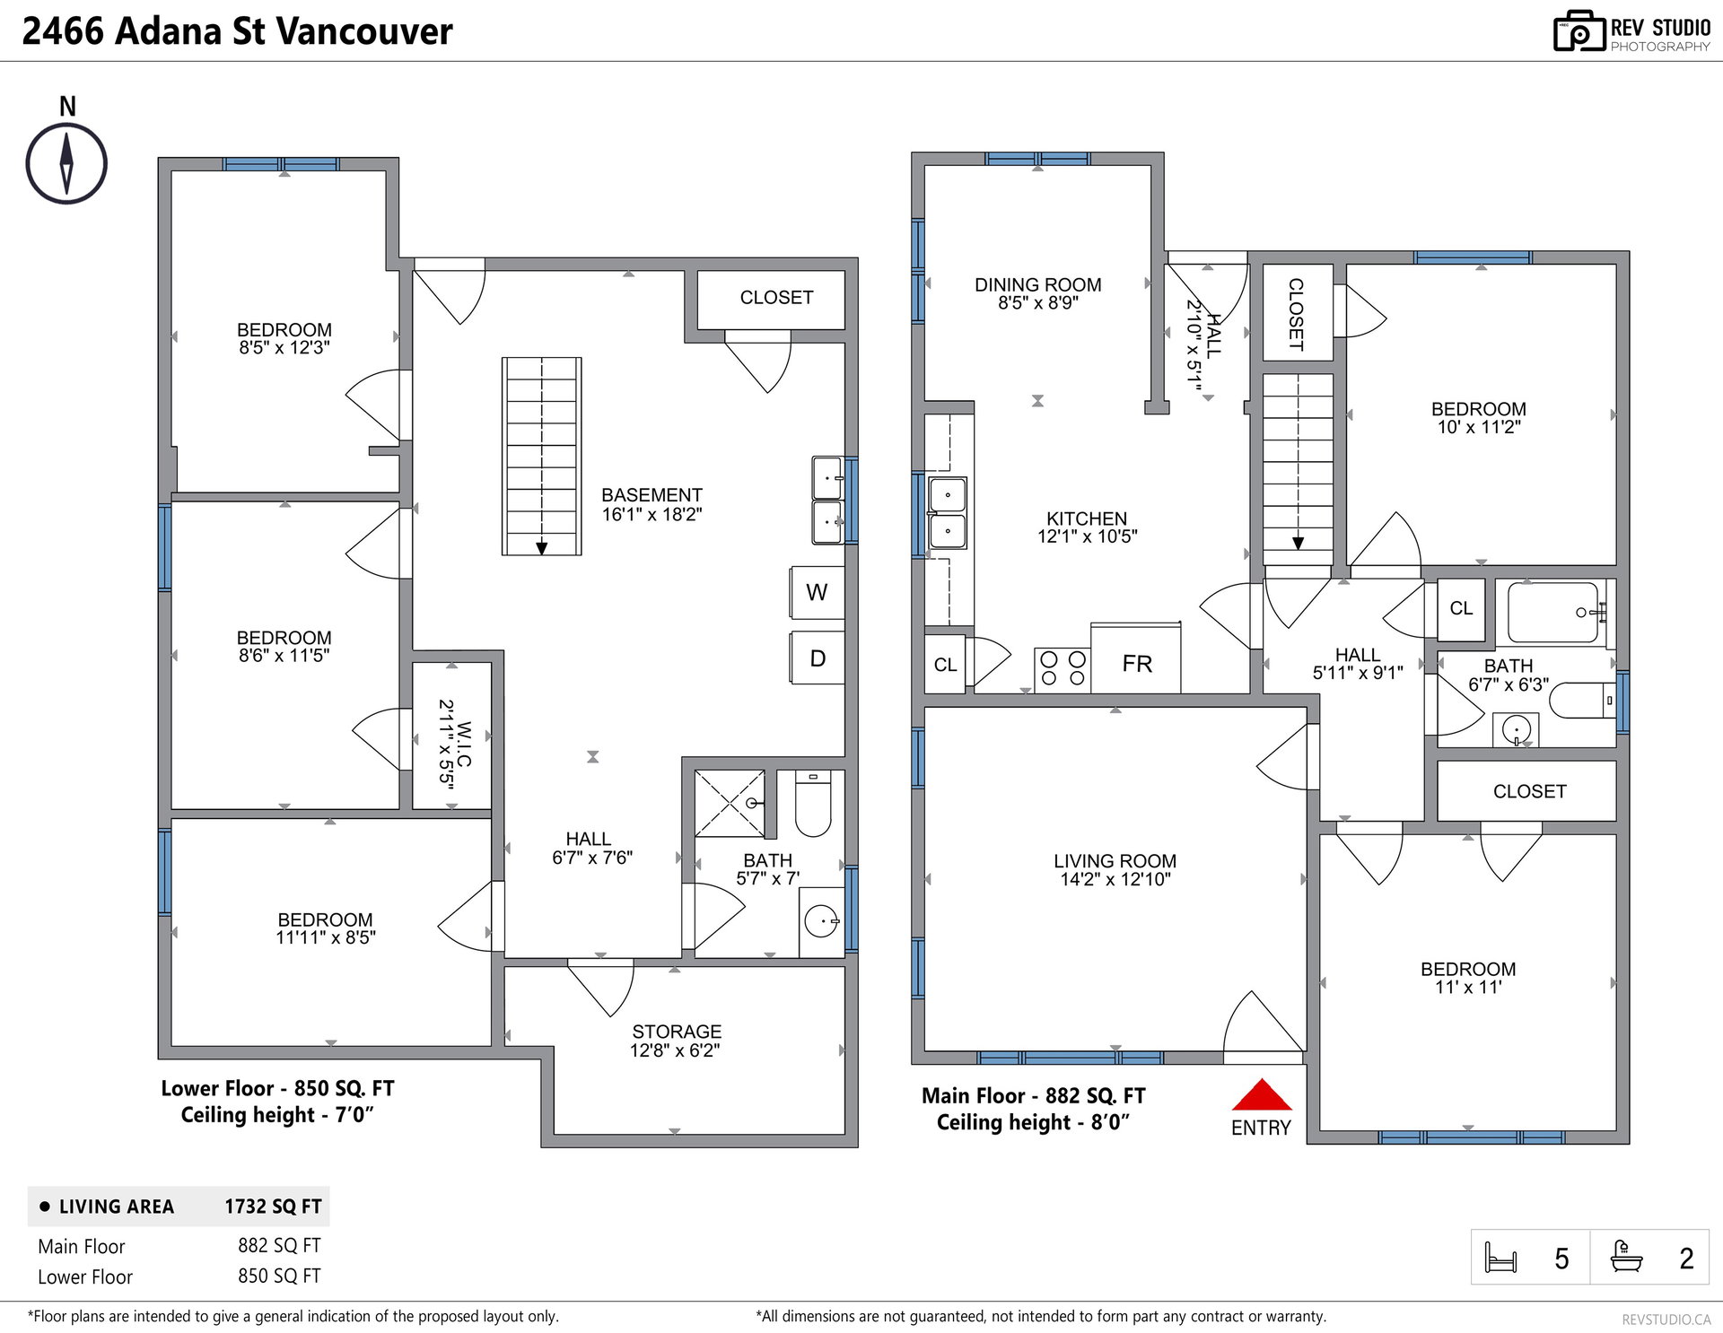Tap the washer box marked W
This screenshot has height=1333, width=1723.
(817, 592)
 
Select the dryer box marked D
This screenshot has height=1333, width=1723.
(817, 658)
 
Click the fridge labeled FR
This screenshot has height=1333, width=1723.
(1135, 658)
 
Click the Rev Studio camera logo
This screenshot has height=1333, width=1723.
(1579, 31)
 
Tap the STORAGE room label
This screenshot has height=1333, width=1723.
(677, 1032)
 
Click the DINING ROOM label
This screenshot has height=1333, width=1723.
(1038, 284)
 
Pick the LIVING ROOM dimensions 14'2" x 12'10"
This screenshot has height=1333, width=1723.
(1115, 879)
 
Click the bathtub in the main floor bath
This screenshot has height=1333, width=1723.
(1554, 613)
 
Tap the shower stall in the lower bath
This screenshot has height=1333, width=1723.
(730, 804)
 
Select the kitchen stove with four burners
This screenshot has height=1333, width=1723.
(1063, 670)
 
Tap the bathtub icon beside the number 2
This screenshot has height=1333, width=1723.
(1626, 1256)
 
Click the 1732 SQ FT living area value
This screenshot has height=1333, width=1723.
(273, 1207)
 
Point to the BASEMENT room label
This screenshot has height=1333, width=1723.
(652, 495)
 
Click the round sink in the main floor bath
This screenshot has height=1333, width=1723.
(1517, 728)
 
